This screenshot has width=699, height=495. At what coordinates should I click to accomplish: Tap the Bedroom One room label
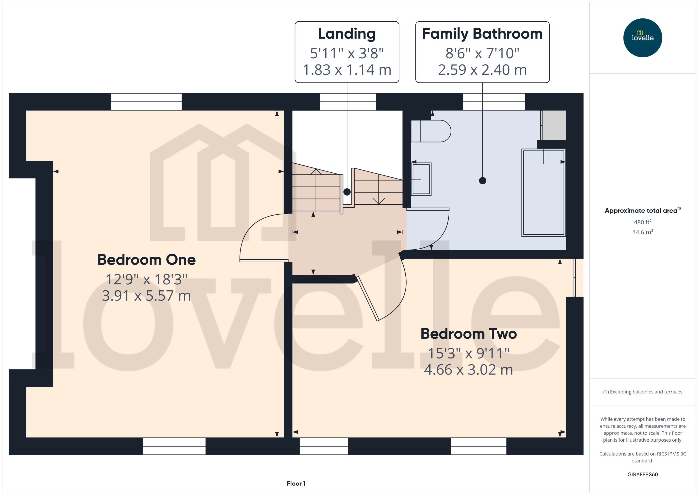[x=147, y=260]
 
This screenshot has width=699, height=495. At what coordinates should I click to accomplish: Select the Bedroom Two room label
[x=469, y=334]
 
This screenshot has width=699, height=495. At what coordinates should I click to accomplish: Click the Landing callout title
[x=347, y=34]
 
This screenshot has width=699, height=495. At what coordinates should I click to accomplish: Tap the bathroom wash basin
[x=421, y=179]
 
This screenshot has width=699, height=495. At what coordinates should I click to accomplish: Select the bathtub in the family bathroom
[x=544, y=193]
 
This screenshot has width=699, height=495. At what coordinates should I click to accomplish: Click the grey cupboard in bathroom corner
[x=554, y=125]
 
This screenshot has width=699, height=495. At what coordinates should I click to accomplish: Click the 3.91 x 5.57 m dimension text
[x=147, y=296]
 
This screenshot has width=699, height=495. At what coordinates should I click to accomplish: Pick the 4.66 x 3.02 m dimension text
[x=469, y=370]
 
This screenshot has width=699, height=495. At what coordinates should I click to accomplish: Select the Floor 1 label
[x=296, y=483]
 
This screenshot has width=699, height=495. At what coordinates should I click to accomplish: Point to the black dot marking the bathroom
[x=483, y=181]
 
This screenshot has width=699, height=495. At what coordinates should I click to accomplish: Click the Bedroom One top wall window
[x=146, y=102]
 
